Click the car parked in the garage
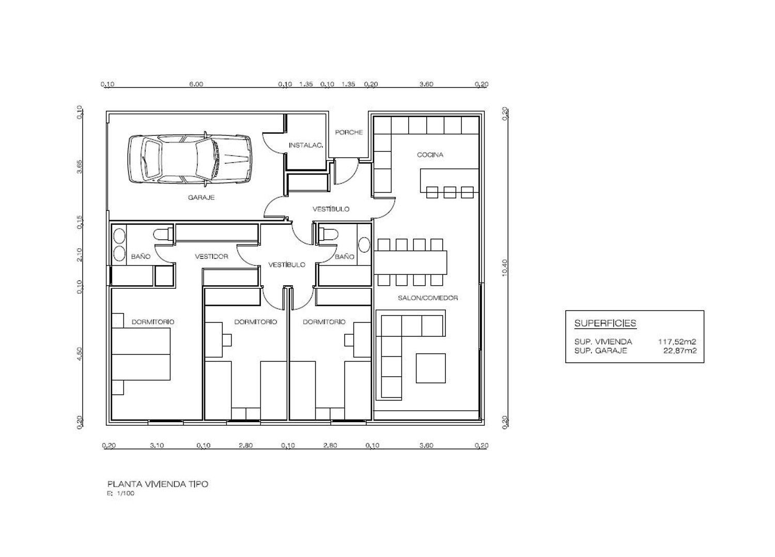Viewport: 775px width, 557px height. point(190,159)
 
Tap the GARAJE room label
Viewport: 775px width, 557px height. point(202,197)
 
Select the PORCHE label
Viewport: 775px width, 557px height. point(349,132)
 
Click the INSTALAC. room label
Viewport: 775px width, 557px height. point(306,145)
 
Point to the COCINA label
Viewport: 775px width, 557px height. point(430,154)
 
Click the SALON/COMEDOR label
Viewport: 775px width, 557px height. point(428,298)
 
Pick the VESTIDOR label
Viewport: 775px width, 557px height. point(211,256)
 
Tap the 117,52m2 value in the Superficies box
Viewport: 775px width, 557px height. point(677,342)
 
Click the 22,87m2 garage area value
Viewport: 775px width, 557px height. point(680,351)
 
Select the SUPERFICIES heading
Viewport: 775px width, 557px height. point(605,323)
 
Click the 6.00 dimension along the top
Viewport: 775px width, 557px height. point(196,84)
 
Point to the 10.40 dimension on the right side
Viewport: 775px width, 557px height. point(505,268)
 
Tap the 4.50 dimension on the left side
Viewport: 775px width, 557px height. point(80,354)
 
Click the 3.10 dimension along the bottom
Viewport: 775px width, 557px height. point(157,445)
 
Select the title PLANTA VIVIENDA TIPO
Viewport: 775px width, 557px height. point(158,484)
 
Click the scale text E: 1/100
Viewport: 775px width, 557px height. point(121,493)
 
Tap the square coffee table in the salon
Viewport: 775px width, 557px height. point(430,368)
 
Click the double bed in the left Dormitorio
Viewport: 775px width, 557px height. point(141,354)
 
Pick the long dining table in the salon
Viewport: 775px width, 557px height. point(410,262)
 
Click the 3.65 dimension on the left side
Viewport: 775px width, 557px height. point(80,166)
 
